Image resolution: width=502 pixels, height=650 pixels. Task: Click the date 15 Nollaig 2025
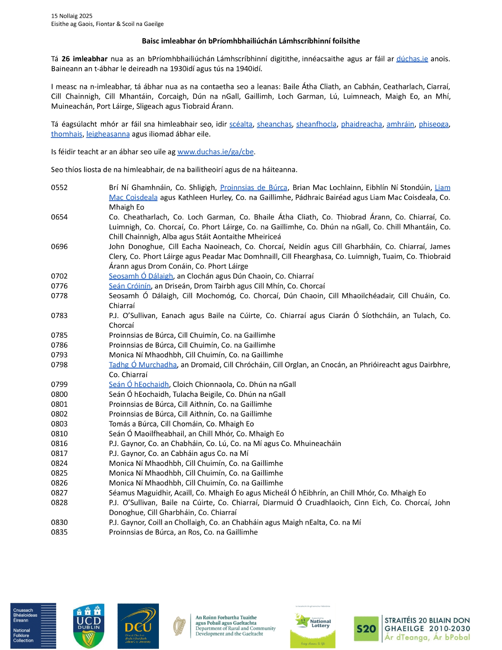point(71,16)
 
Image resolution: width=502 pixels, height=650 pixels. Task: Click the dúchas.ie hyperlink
point(412,59)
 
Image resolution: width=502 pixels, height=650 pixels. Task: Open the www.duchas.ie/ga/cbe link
point(215,152)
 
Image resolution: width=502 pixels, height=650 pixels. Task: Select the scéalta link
point(240,124)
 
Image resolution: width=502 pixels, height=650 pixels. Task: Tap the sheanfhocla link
point(316,124)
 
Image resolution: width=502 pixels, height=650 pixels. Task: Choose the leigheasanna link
point(108,134)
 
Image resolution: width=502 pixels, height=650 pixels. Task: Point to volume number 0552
point(59,188)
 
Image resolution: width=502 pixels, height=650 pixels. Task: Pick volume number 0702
point(59,276)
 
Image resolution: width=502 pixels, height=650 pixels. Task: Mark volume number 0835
point(59,532)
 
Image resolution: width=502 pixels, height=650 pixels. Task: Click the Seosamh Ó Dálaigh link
point(141,276)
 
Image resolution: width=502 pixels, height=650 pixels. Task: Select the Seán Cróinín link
point(130,286)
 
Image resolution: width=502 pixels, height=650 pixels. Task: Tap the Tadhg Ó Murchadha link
point(143,365)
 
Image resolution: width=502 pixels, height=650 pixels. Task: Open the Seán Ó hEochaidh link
point(139,384)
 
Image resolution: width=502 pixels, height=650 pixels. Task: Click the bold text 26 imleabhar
point(84,59)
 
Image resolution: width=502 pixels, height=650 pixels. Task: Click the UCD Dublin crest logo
point(88,626)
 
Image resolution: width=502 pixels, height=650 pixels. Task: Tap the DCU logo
point(138,626)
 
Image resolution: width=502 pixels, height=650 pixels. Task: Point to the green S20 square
point(366,629)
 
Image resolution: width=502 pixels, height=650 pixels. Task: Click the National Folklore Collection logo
point(33,626)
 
